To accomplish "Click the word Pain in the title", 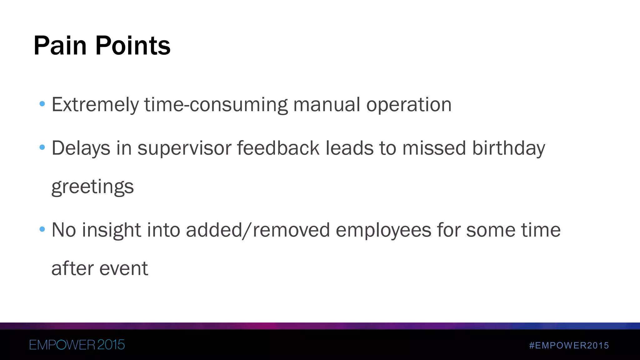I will point(60,46).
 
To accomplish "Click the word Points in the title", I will point(133,46).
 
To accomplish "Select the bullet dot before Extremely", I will point(42,103).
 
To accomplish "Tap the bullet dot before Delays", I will point(42,147).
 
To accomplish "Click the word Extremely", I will point(95,105).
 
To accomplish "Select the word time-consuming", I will point(216,105).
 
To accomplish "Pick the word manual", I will point(327,105).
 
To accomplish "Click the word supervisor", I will point(184,148).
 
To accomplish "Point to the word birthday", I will point(508,148).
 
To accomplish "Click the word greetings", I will point(92,187).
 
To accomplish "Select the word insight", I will point(111,230).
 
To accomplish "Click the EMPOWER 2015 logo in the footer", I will point(77,345).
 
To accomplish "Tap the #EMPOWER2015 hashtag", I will point(569,345).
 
